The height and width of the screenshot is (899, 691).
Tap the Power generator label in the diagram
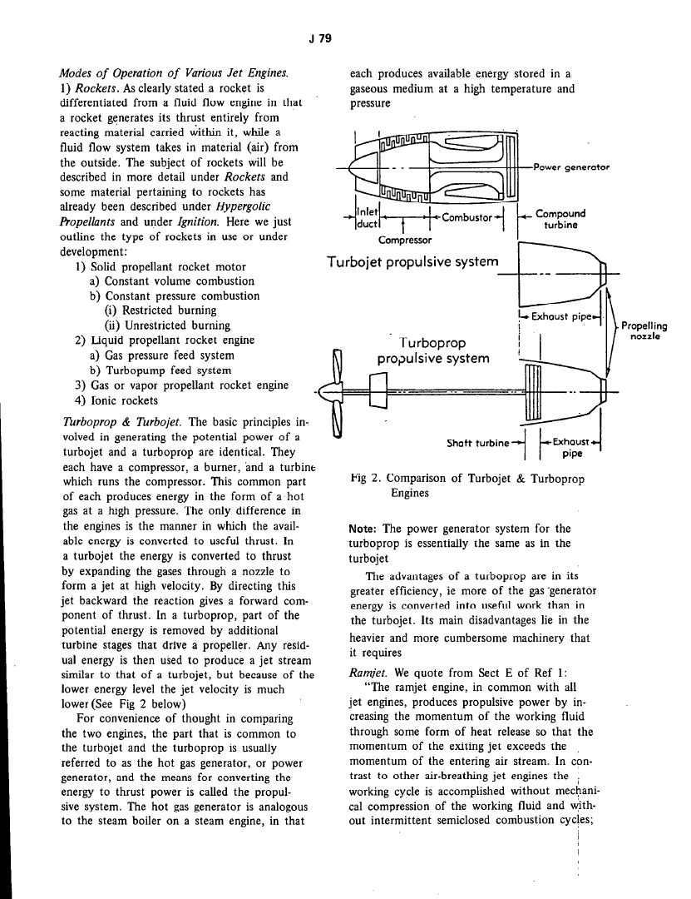pos(572,166)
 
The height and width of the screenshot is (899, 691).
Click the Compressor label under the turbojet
pos(405,241)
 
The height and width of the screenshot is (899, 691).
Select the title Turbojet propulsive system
pos(413,262)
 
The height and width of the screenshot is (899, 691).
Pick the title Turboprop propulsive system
pos(432,351)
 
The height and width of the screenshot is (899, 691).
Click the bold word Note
pos(363,529)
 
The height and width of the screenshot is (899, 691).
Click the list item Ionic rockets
pos(121,400)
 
